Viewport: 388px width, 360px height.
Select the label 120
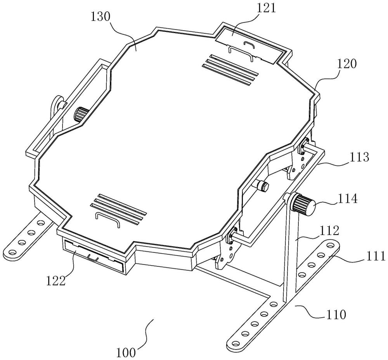click(346, 64)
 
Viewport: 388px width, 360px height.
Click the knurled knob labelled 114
click(304, 203)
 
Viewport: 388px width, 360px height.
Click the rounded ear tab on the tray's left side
click(57, 105)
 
